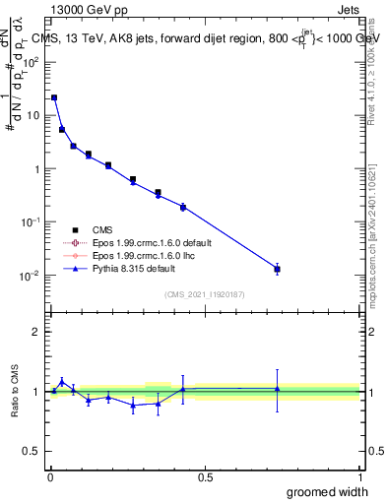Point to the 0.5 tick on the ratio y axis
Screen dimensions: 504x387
pyautogui.click(x=34, y=453)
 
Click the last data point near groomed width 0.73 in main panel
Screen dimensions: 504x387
pyautogui.click(x=278, y=269)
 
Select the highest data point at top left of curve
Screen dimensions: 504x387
pyautogui.click(x=54, y=97)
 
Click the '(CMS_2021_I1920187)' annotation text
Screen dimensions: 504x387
pyautogui.click(x=205, y=292)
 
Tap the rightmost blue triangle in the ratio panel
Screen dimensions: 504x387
pyautogui.click(x=278, y=389)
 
